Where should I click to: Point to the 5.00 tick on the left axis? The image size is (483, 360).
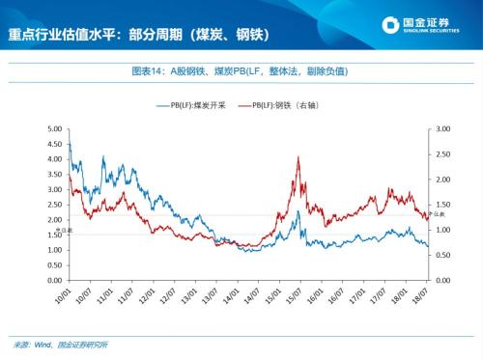tap(54, 128)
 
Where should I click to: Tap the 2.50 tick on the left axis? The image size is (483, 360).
tap(54, 204)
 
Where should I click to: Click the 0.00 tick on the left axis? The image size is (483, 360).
tap(54, 280)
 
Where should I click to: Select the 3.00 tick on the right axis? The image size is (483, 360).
tap(444, 128)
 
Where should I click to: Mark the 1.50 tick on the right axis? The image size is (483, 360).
tap(444, 204)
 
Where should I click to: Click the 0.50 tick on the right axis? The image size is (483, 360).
tap(444, 255)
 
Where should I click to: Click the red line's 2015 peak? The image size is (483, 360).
tap(298, 157)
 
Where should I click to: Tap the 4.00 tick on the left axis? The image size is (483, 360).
tap(54, 158)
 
